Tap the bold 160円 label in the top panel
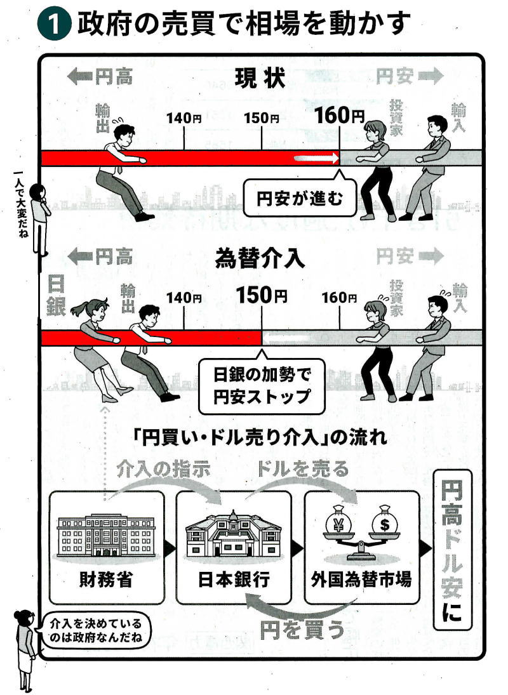(x=339, y=116)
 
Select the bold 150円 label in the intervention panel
(x=261, y=295)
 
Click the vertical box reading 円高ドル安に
(x=451, y=550)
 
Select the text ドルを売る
(x=303, y=469)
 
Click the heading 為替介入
(x=260, y=258)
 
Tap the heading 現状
(x=260, y=79)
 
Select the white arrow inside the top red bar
(x=315, y=158)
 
